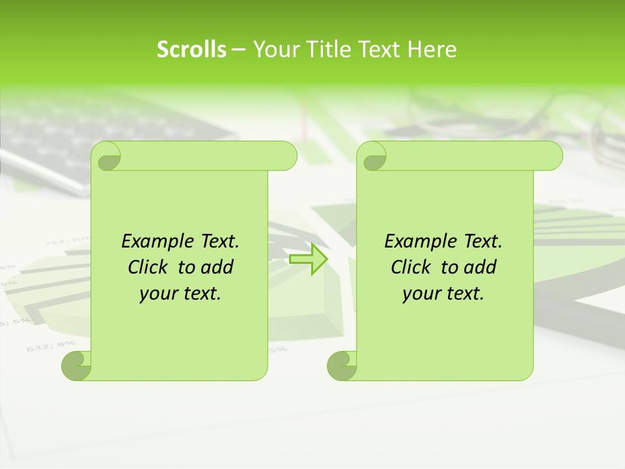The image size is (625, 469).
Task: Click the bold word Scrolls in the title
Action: [x=191, y=50]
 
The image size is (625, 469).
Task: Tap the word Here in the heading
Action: [x=432, y=50]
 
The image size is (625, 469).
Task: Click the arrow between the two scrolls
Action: [x=309, y=259]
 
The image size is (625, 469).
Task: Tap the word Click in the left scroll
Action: [x=148, y=267]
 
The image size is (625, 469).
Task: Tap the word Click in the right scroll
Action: [x=411, y=267]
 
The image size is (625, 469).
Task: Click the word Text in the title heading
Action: [x=382, y=50]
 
